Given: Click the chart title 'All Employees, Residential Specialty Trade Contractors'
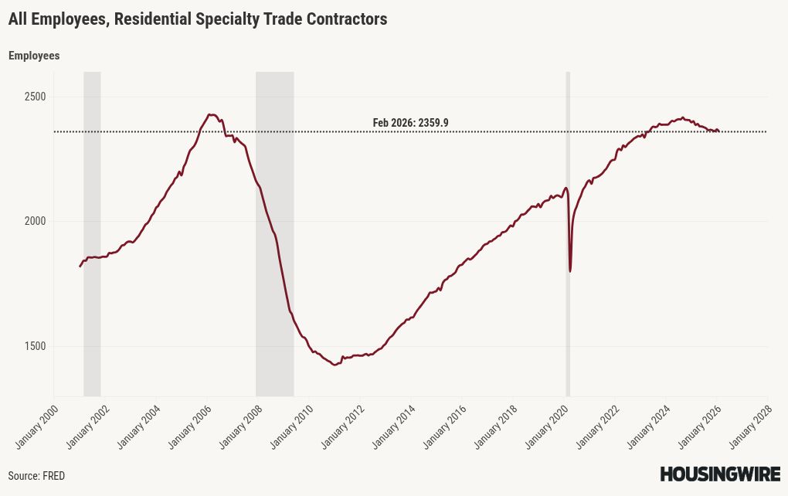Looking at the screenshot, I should (x=198, y=19).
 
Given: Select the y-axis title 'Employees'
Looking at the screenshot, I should (x=34, y=56).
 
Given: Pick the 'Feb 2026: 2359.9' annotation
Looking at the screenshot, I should (x=410, y=123).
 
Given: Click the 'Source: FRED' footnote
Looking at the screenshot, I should (x=36, y=476).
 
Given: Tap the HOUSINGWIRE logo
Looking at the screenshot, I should (x=720, y=474).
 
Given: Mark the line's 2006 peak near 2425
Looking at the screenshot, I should (x=211, y=114).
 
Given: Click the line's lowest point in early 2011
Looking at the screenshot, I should (x=335, y=365).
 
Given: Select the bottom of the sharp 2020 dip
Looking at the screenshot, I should (x=570, y=271).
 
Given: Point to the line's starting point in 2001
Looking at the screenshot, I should (x=80, y=267).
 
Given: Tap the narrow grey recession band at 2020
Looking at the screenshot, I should (x=568, y=232).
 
